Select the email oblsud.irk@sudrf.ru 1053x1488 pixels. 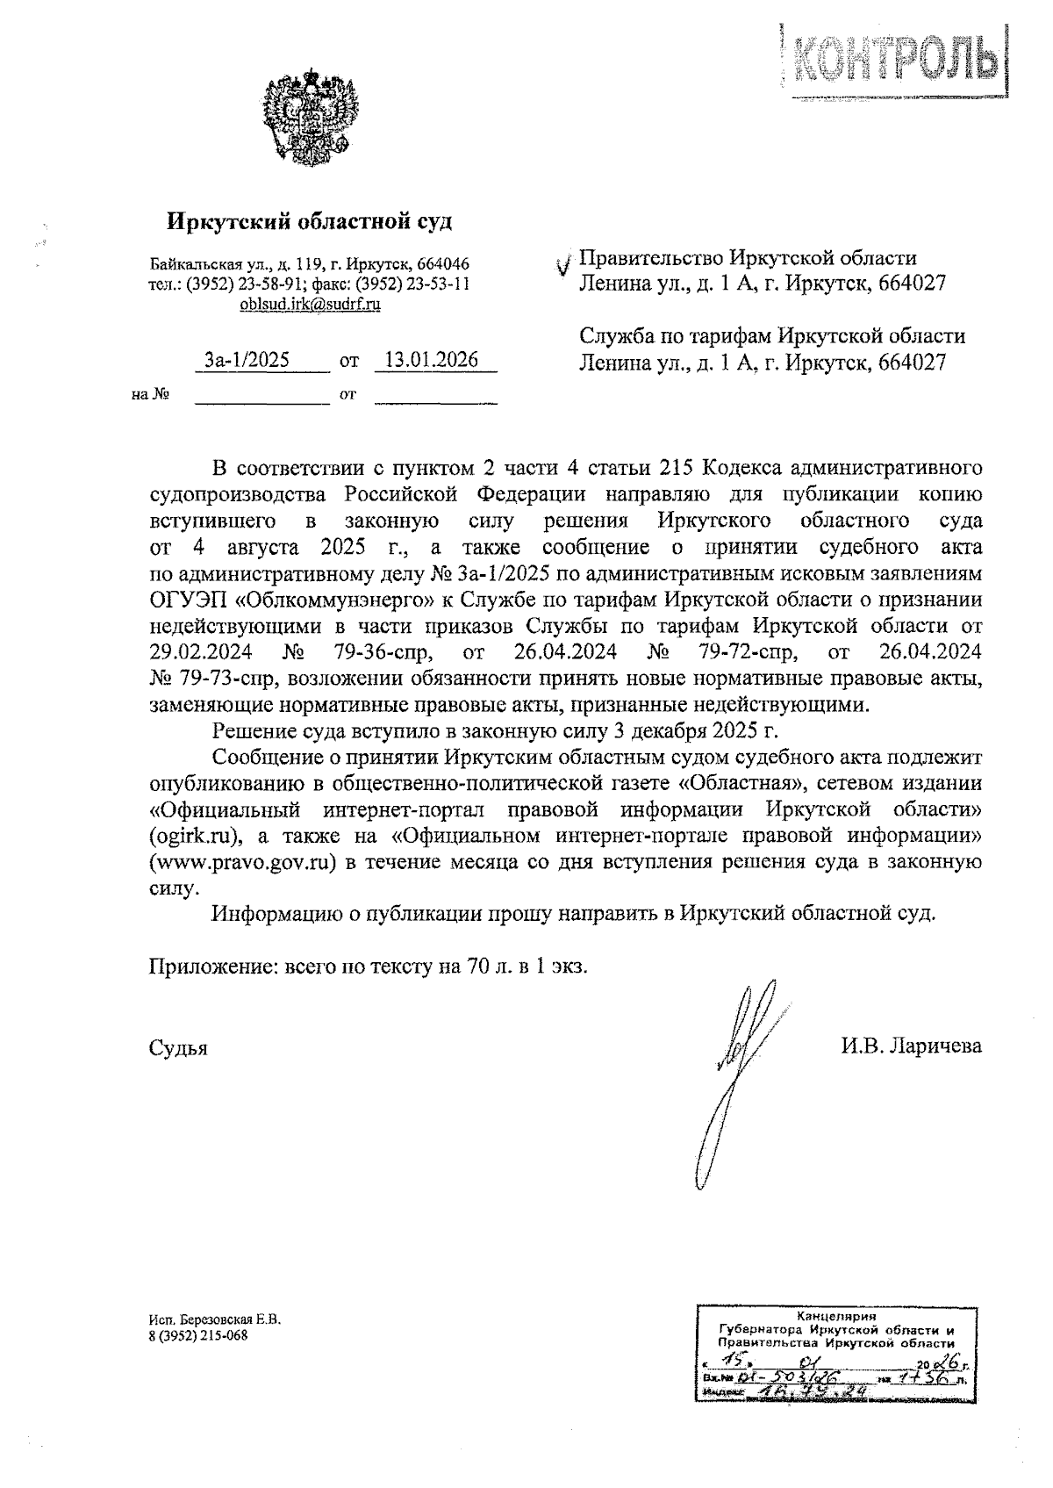[310, 305]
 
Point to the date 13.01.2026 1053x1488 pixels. [432, 360]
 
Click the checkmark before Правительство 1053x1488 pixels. [565, 263]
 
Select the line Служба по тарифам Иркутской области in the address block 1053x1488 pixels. [772, 336]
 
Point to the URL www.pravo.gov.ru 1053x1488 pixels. [243, 862]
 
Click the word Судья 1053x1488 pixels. [178, 1047]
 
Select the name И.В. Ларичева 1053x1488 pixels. [911, 1046]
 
